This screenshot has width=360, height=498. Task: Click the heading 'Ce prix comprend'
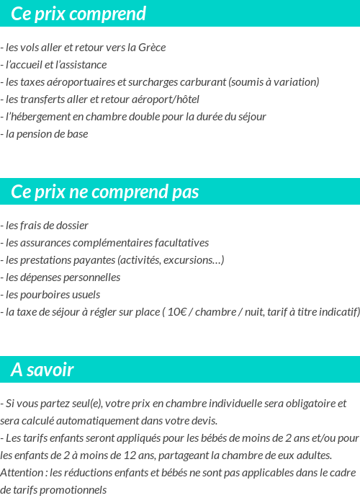[x=78, y=14]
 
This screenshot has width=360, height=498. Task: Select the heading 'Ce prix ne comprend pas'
[x=105, y=192]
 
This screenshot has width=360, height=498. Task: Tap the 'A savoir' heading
[x=42, y=370]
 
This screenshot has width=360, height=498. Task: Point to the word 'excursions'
[x=193, y=259]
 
